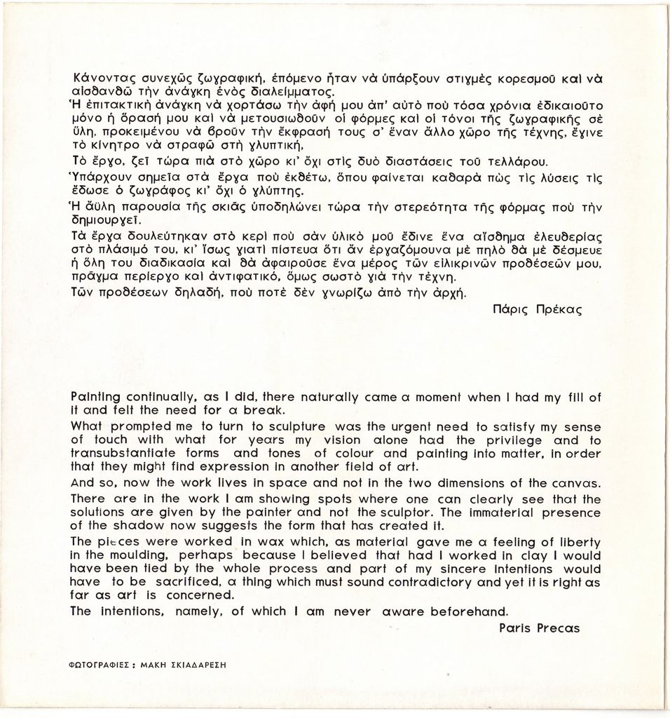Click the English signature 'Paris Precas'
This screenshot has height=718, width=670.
coord(539,628)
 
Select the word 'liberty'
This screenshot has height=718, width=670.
coord(580,542)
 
